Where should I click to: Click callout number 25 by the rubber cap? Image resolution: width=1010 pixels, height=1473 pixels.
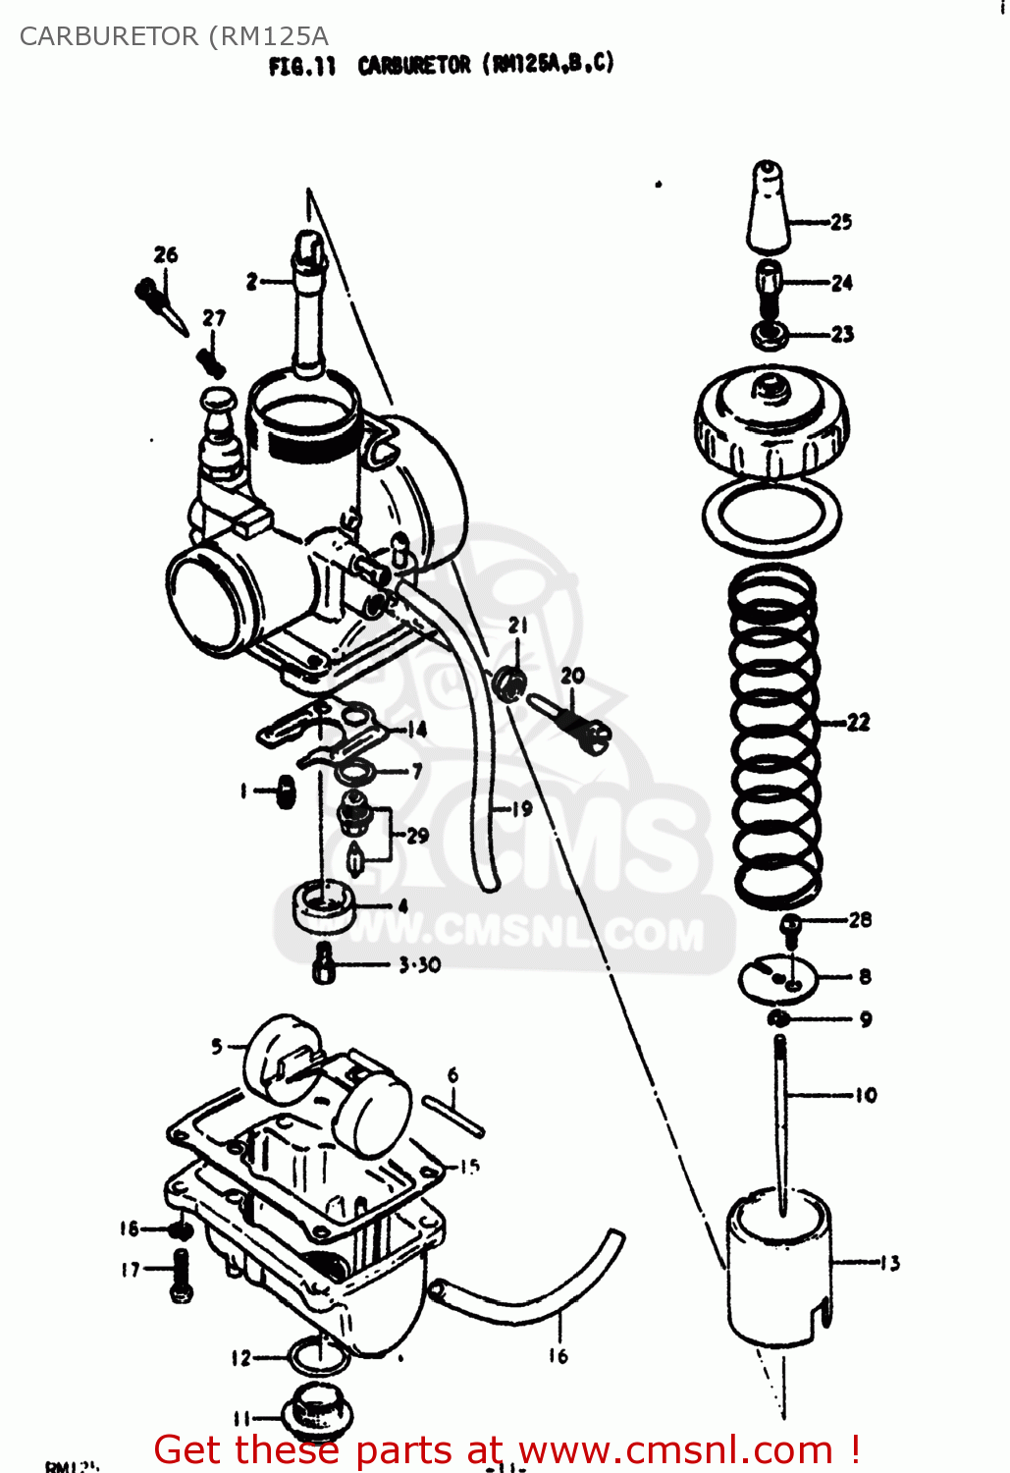point(841,222)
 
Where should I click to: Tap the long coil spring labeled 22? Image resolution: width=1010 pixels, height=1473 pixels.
point(774,736)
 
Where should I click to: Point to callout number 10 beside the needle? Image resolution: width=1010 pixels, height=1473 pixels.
point(865,1095)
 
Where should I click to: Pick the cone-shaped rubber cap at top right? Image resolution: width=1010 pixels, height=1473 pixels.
point(769,208)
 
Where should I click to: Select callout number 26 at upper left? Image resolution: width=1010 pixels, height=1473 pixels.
point(166,255)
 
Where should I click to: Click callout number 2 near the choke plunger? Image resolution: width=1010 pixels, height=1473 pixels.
point(252,282)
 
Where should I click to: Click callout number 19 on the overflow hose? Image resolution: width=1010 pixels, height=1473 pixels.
point(522,808)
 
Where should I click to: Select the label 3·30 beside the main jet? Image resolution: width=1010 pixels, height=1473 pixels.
point(419,965)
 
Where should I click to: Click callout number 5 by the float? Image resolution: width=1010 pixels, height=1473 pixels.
point(217,1047)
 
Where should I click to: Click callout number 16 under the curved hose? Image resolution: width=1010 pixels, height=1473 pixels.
point(558,1356)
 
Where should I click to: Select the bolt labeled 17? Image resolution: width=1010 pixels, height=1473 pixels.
point(181,1274)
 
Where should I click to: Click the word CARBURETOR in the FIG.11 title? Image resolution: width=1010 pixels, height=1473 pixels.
point(414,66)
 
